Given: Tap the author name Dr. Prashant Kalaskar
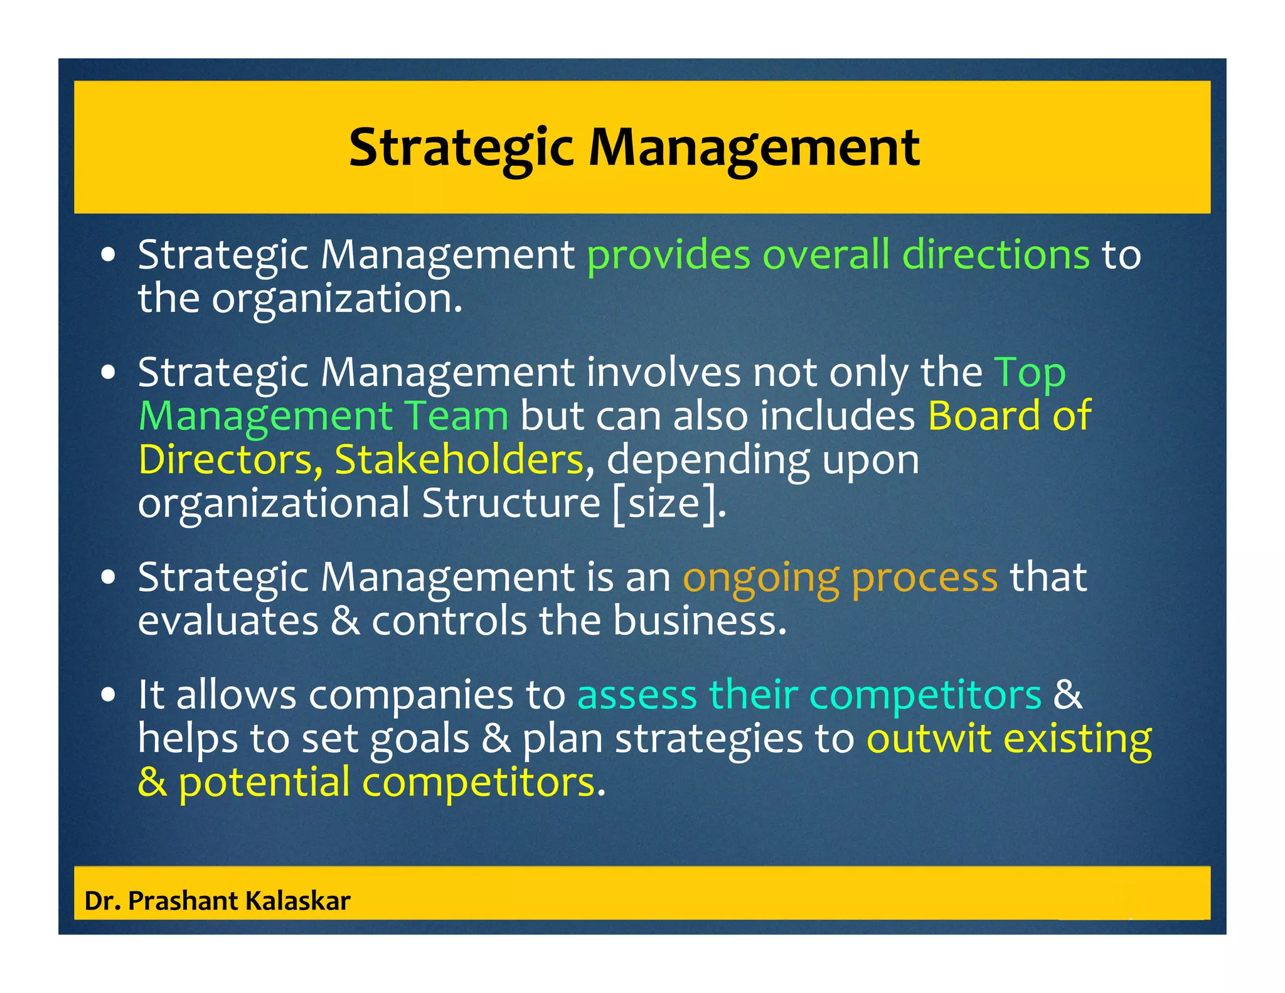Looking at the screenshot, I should click(x=217, y=901).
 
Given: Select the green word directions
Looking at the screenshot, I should click(x=996, y=255).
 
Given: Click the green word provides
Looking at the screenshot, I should click(x=668, y=255).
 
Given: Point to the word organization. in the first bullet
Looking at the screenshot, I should click(x=337, y=299).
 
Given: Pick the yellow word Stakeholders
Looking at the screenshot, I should click(x=459, y=459).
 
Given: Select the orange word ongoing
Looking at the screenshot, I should click(x=760, y=578).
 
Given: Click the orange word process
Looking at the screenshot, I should click(x=924, y=578).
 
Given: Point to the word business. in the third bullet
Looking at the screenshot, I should click(x=700, y=621).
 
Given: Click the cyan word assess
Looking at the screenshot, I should click(x=637, y=695).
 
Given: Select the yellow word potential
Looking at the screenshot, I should click(x=264, y=783).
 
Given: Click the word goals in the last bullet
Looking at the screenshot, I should click(x=420, y=739).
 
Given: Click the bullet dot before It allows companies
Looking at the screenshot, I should click(x=109, y=695).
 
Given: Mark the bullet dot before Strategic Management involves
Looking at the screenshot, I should click(x=109, y=372).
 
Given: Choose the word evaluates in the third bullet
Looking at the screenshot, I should click(x=228, y=621).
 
